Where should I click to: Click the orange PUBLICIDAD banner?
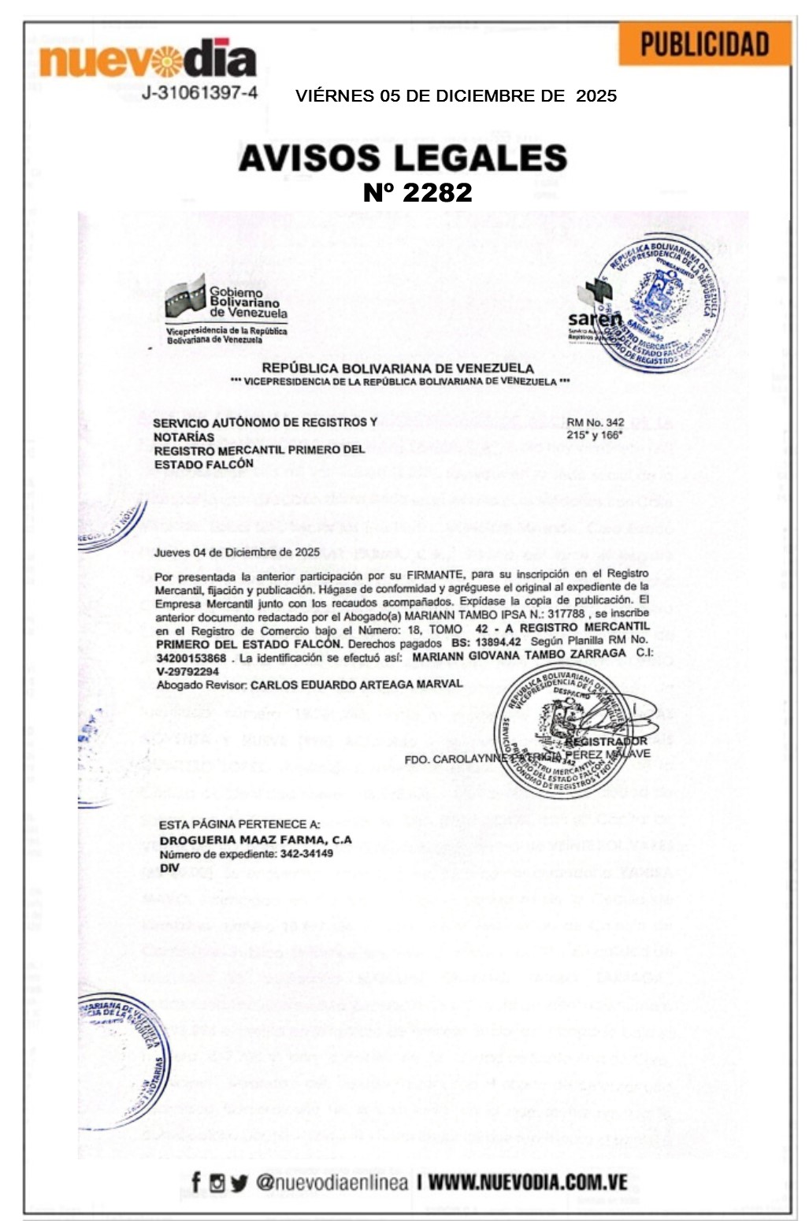(x=704, y=44)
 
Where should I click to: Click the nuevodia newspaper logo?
(x=148, y=59)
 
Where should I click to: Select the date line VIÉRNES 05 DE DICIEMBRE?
(x=455, y=96)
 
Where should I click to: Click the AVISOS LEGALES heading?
(x=403, y=158)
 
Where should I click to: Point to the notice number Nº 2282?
(x=417, y=192)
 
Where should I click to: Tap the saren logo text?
(x=595, y=319)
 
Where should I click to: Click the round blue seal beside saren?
(x=659, y=302)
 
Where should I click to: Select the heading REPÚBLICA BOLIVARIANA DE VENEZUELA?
(x=398, y=368)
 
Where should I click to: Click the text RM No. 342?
(x=595, y=423)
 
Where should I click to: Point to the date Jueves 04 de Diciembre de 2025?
(x=236, y=552)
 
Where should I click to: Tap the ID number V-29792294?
(x=187, y=672)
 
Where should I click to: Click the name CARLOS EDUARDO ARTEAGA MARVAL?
(x=356, y=685)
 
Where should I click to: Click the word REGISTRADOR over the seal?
(x=605, y=740)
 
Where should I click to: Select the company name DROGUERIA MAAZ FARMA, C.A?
(x=255, y=840)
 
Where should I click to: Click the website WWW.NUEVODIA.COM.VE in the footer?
(x=528, y=1182)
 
